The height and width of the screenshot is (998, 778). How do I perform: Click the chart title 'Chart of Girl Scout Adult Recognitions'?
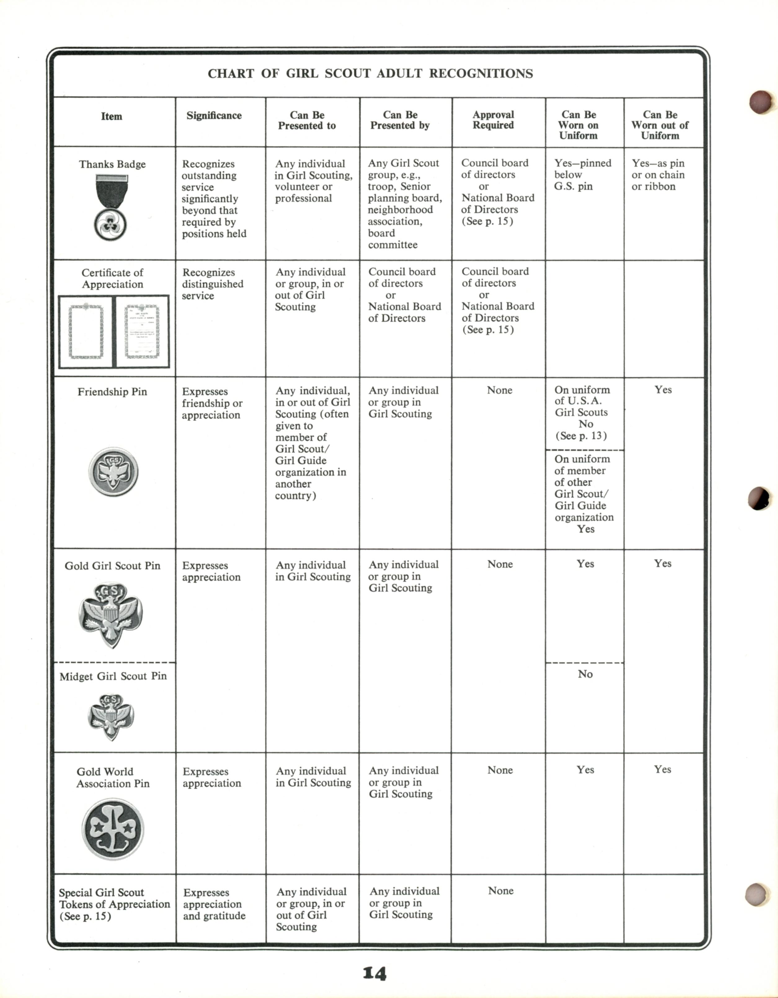coord(370,74)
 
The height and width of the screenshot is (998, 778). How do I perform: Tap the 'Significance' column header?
coord(214,116)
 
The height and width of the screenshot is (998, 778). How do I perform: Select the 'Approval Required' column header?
coord(493,120)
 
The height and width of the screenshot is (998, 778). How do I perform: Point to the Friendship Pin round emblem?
coord(113,472)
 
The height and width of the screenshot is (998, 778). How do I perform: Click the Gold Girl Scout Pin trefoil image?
coord(111,614)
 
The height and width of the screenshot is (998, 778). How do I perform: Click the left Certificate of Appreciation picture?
coord(86,331)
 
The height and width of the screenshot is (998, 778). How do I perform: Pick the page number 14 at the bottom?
coord(375,973)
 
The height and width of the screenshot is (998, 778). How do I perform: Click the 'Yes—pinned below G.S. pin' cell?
coord(582,175)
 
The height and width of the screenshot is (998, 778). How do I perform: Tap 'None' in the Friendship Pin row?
coord(499,390)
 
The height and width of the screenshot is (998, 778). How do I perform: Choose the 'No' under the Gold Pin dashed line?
coord(585,674)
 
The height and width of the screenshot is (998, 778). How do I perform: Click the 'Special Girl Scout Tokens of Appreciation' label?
coord(114,904)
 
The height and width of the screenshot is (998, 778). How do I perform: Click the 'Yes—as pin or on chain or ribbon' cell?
coord(658,175)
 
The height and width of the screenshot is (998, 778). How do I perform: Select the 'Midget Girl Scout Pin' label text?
coord(113,676)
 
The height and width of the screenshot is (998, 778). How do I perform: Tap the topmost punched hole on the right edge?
coord(760,101)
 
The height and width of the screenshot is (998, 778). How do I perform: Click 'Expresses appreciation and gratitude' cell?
coord(214,904)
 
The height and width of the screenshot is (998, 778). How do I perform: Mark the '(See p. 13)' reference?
coord(581,436)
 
